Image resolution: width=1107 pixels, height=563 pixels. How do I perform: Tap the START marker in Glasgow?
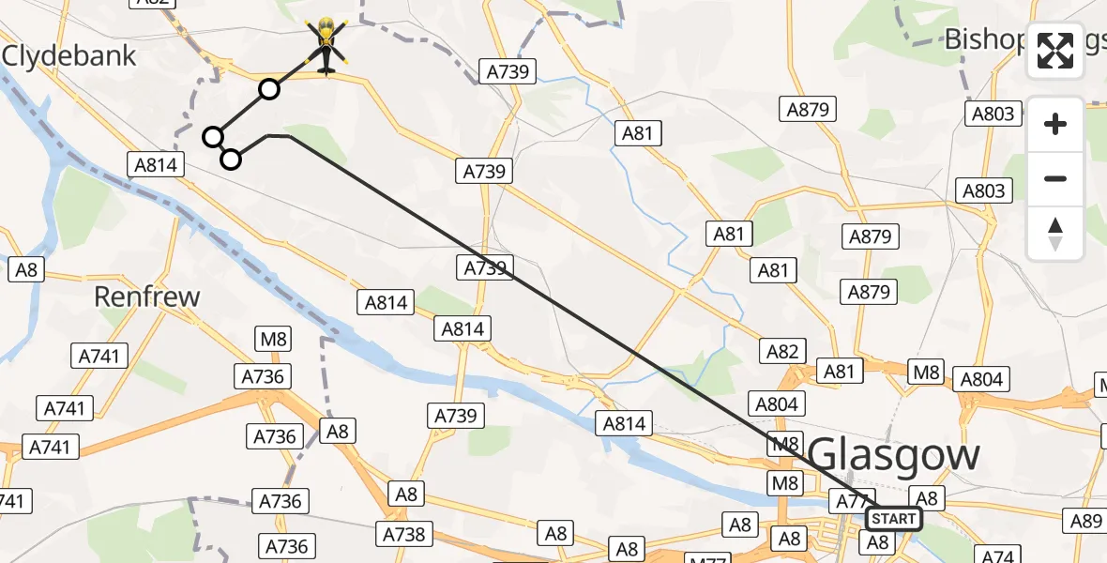893,519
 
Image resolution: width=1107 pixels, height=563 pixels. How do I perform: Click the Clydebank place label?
69,55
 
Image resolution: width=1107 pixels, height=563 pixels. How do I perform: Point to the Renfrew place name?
147,297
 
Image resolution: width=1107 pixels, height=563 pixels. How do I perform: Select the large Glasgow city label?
893,456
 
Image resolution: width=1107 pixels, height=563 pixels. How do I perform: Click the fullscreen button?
1055,51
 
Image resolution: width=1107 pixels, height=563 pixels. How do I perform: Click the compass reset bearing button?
1055,234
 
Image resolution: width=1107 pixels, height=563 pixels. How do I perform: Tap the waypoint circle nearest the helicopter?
269,89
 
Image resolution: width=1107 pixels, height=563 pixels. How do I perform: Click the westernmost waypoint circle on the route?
213,137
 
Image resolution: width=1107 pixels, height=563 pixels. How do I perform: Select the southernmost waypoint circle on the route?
231,160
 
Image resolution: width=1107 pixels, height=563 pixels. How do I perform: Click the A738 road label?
405,534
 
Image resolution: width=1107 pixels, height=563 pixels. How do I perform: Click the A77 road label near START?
848,501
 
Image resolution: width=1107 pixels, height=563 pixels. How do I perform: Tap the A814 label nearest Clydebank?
155,165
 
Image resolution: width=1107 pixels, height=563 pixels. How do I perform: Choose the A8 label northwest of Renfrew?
26,269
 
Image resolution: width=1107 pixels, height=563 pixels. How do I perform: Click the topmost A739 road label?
508,71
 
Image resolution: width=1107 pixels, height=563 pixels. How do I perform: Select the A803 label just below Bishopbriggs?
993,114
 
